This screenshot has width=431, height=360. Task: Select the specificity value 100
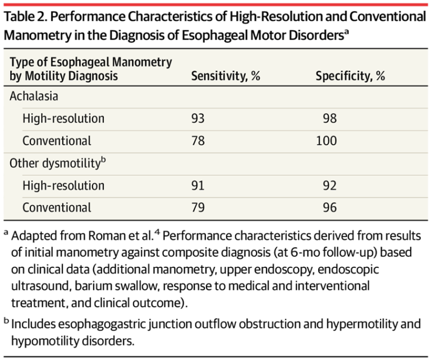(x=326, y=140)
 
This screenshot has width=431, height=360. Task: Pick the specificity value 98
(x=329, y=119)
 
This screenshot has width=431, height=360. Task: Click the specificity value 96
(x=329, y=207)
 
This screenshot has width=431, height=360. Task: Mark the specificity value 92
(x=329, y=185)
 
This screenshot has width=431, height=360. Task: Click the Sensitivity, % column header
(x=226, y=76)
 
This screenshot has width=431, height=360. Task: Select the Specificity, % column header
(x=350, y=76)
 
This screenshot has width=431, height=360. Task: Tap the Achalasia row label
(x=35, y=96)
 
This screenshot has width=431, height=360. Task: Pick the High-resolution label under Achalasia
(x=63, y=119)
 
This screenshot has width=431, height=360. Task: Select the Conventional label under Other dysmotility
(x=57, y=207)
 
